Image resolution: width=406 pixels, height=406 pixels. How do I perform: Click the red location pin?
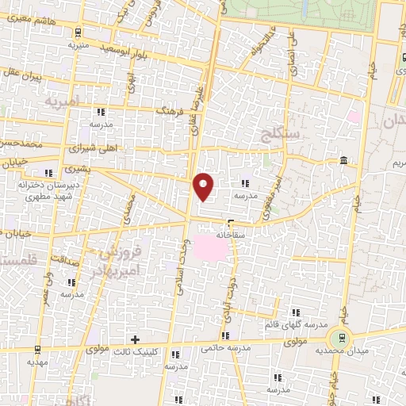[205, 186]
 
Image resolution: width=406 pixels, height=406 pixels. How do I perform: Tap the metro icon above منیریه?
[78, 33]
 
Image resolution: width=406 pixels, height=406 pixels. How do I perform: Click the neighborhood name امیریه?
[63, 102]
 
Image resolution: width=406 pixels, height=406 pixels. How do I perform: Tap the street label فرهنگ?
[170, 112]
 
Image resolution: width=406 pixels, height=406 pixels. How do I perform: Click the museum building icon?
[343, 162]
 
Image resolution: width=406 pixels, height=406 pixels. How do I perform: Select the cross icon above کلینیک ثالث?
[136, 339]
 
